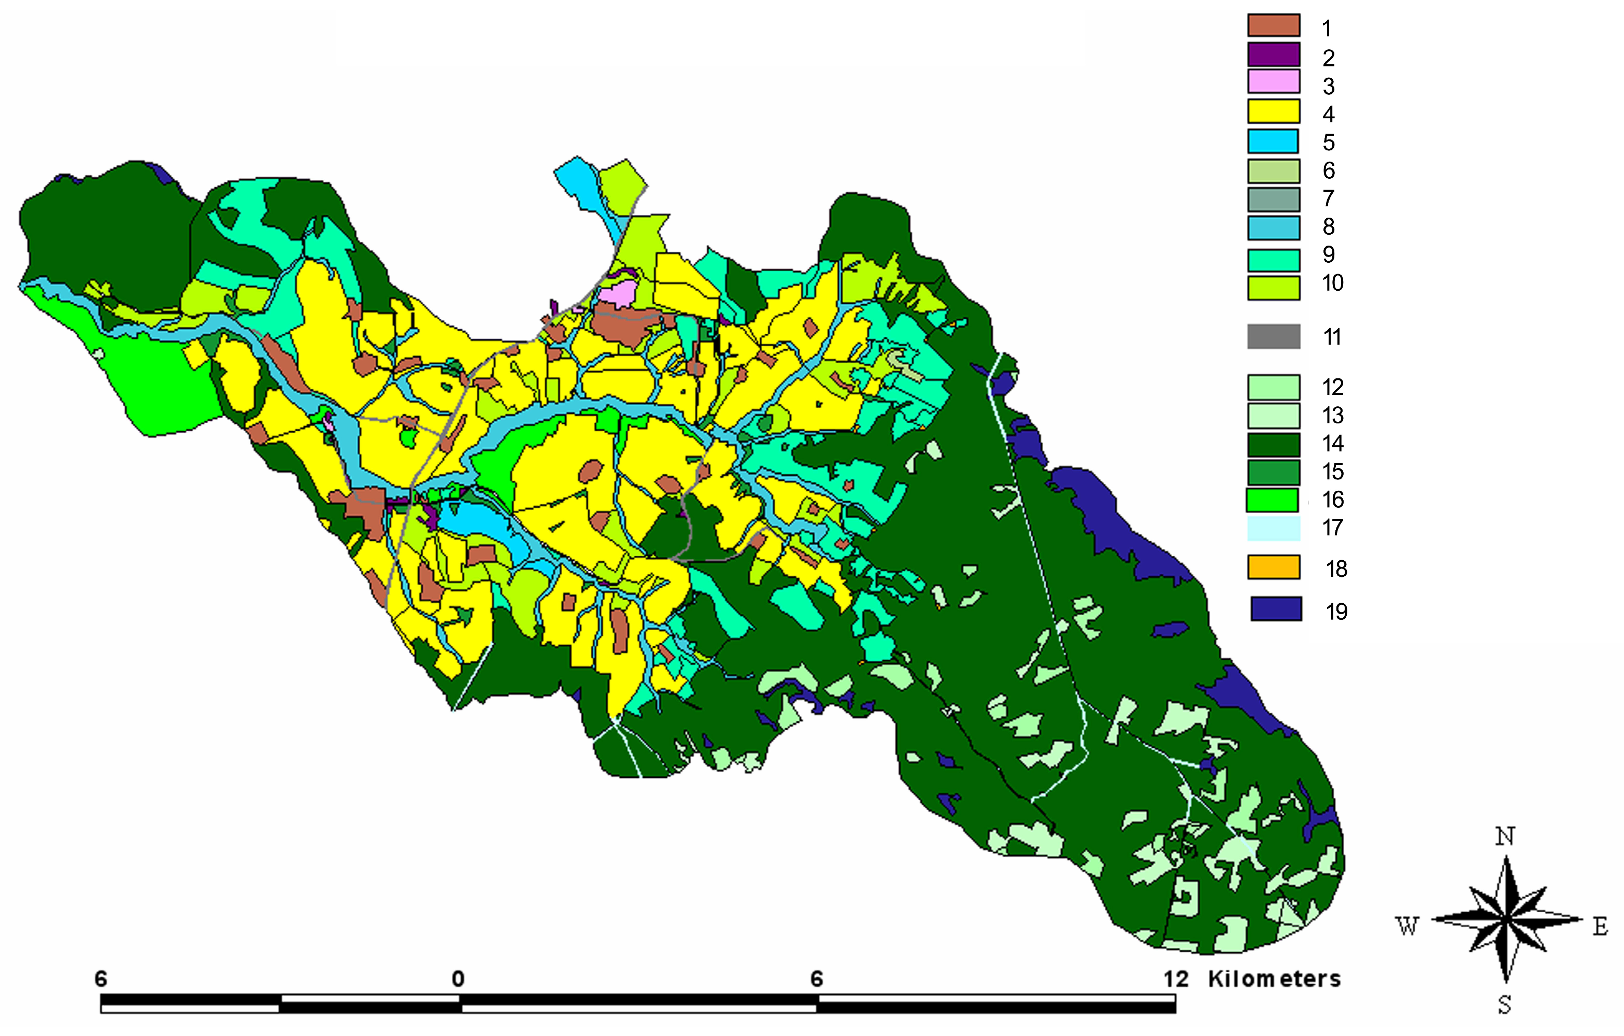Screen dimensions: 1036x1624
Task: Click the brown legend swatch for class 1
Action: [x=1273, y=25]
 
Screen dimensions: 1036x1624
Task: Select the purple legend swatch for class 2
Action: [x=1273, y=54]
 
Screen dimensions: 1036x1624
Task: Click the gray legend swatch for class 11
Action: [x=1273, y=336]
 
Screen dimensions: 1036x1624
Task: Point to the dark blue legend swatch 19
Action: [x=1276, y=609]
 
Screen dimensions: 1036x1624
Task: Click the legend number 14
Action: [x=1332, y=444]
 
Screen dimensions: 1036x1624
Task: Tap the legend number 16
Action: [x=1332, y=500]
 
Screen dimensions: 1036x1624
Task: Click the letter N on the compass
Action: [x=1505, y=837]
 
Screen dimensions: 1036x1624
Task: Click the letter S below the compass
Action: [x=1505, y=1005]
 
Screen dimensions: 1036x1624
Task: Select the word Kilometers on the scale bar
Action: [x=1274, y=978]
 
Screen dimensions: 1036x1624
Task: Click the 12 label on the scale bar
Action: [x=1176, y=978]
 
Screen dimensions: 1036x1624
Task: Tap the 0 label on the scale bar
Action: [x=458, y=978]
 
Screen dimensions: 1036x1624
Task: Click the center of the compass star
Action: [x=1506, y=919]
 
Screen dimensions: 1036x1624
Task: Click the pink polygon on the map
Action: [x=618, y=294]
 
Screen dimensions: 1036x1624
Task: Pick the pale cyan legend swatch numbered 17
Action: [x=1273, y=528]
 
